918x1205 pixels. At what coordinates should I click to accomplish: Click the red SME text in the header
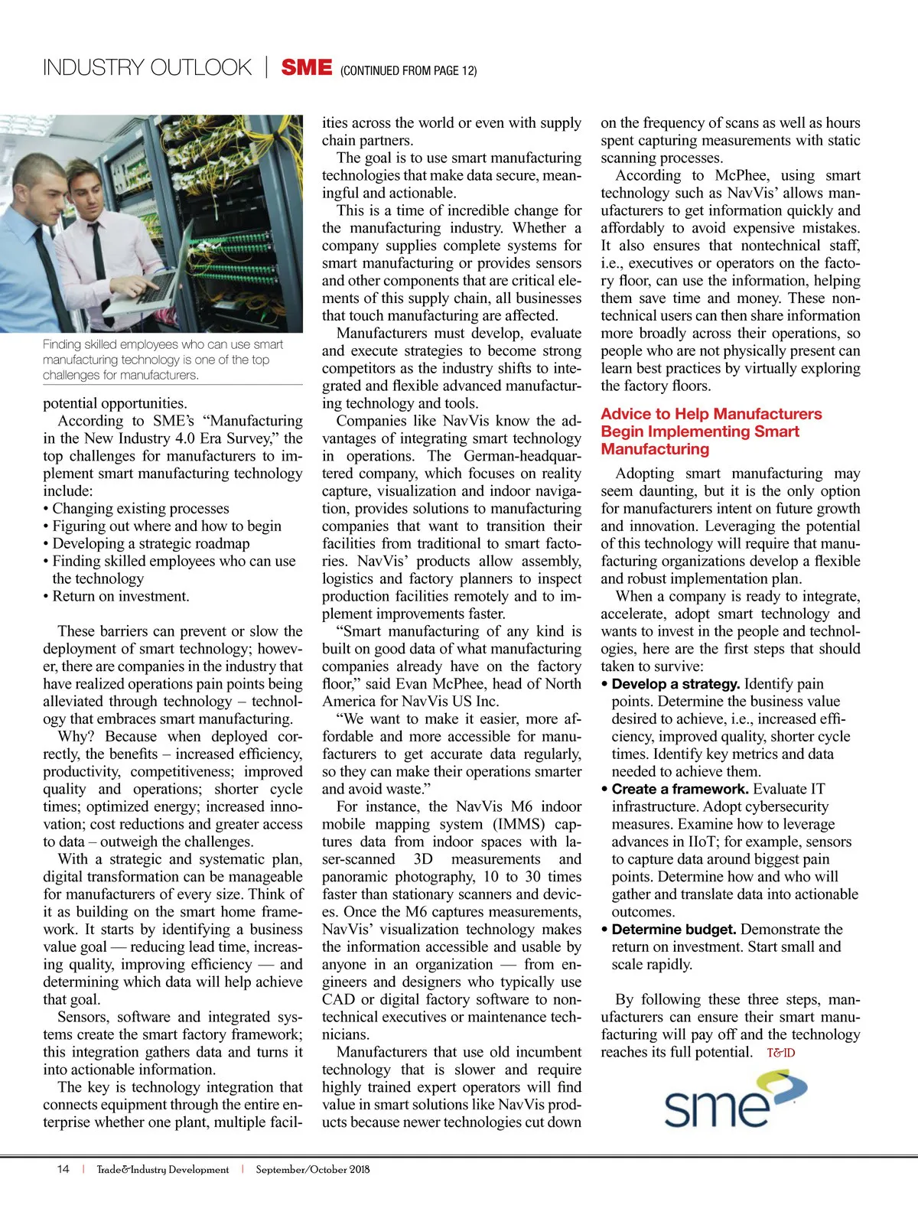pos(306,68)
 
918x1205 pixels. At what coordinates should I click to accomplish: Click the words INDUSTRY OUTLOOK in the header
pos(147,68)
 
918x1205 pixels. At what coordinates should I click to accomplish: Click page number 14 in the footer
pos(63,1169)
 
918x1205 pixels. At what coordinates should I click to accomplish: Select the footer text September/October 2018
pos(312,1169)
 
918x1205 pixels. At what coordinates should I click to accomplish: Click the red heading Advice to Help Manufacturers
pos(711,414)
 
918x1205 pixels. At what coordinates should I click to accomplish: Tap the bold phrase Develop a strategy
pos(675,684)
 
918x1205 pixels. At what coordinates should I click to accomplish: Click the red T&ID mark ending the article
pos(780,1053)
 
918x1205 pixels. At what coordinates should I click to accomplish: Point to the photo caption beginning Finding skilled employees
pos(162,360)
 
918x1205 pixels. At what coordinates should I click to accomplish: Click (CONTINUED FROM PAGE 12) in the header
pos(409,71)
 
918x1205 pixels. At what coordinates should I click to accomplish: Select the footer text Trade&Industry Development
pos(162,1169)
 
